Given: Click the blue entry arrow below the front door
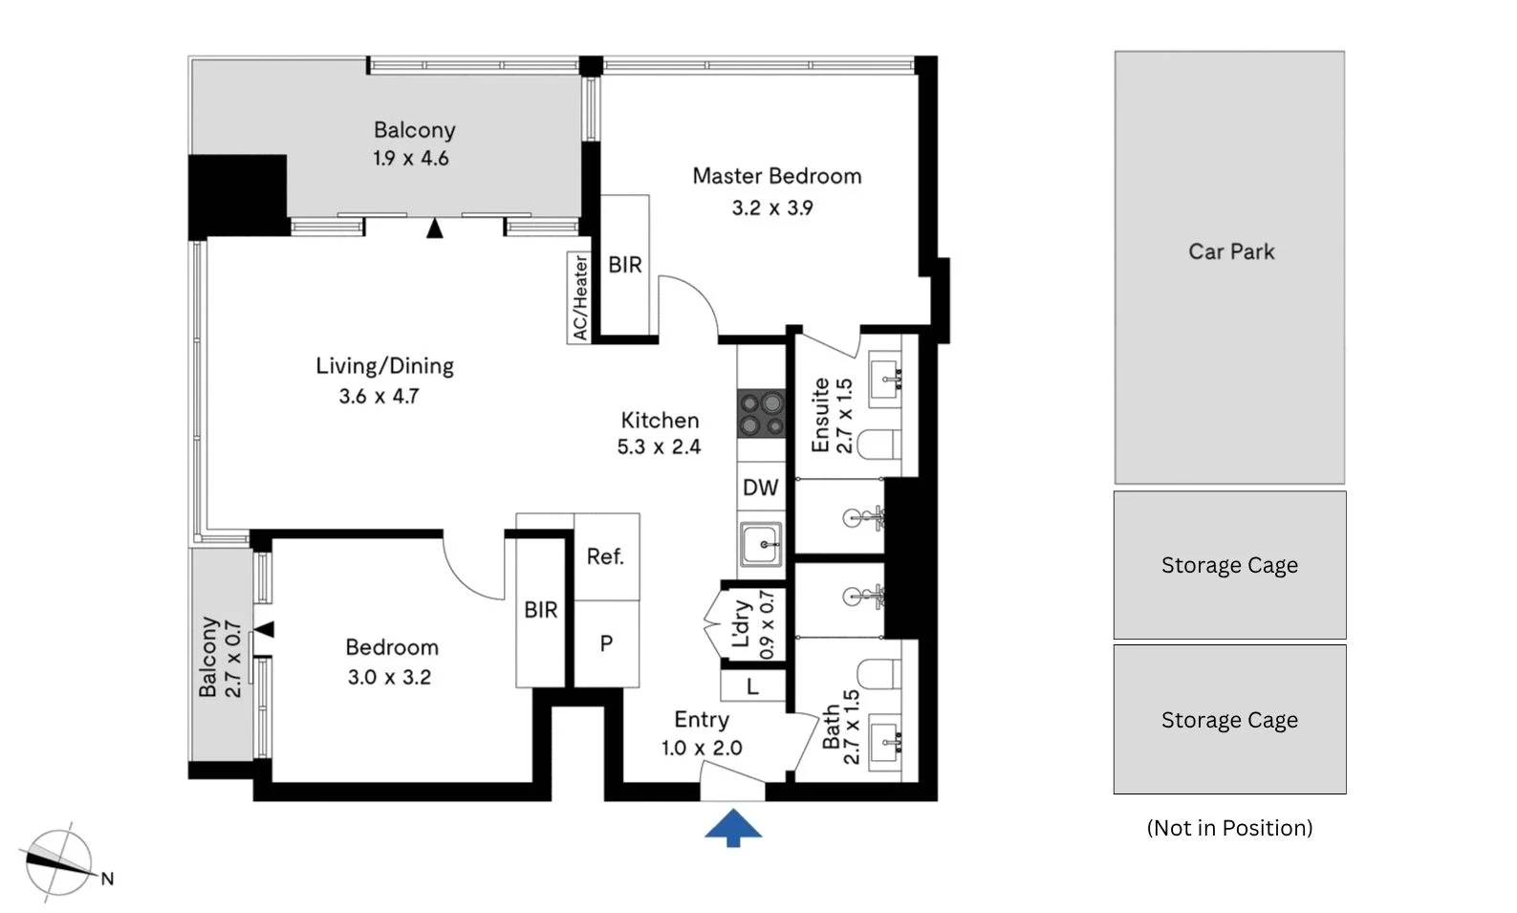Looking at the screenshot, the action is (733, 828).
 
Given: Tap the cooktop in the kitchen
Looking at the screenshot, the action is (761, 413).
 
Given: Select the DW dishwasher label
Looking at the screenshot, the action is (761, 487).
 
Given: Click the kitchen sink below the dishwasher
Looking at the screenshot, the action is (761, 543).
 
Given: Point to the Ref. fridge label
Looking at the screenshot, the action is (605, 556).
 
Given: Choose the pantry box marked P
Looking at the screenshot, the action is (606, 643).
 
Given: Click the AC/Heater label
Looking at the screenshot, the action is (579, 297).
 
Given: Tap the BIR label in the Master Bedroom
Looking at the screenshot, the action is (624, 265).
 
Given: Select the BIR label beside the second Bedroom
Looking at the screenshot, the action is (540, 610).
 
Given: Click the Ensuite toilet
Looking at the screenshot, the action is (878, 445).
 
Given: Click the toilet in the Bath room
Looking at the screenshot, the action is (878, 674).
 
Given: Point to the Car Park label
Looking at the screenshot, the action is (1231, 252).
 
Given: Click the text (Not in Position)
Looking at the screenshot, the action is (1230, 828).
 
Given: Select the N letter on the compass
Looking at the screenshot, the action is (107, 880).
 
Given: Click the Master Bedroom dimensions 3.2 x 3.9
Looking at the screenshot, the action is (772, 207).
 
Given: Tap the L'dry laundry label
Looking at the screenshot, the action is (742, 623).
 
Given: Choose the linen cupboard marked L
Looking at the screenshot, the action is (752, 686).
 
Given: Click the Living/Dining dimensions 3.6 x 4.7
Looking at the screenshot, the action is (379, 396).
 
